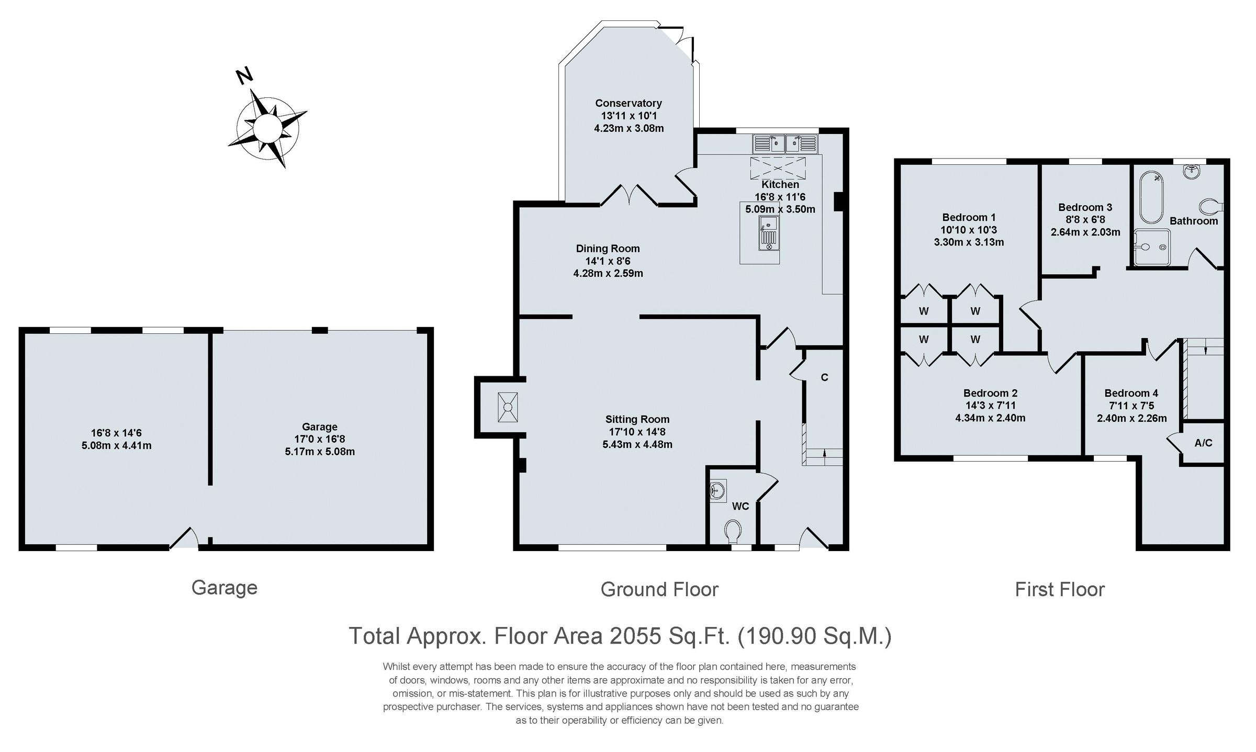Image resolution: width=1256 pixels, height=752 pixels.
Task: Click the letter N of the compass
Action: (244, 76)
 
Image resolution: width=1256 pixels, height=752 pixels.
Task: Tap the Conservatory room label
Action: (629, 103)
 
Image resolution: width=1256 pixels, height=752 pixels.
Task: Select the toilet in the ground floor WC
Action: (734, 531)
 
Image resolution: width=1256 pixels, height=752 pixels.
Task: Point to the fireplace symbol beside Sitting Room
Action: (507, 407)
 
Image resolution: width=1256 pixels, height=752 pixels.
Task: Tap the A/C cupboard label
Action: (1203, 443)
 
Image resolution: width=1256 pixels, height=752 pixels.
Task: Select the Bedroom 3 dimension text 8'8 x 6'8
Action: (1085, 220)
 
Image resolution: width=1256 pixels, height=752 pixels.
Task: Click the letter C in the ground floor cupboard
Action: (825, 377)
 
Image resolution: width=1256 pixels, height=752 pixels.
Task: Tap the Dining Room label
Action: (608, 249)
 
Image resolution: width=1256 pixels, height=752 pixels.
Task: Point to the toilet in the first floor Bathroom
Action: (1211, 207)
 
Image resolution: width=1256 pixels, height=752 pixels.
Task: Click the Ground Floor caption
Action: (659, 589)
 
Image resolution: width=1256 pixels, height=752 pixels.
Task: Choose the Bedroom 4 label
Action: (1131, 393)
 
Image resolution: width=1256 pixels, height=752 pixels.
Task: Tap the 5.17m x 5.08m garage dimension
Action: (320, 452)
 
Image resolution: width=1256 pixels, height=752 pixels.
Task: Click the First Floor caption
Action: (1059, 589)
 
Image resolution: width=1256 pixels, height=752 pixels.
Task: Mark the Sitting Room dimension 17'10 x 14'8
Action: (637, 432)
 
